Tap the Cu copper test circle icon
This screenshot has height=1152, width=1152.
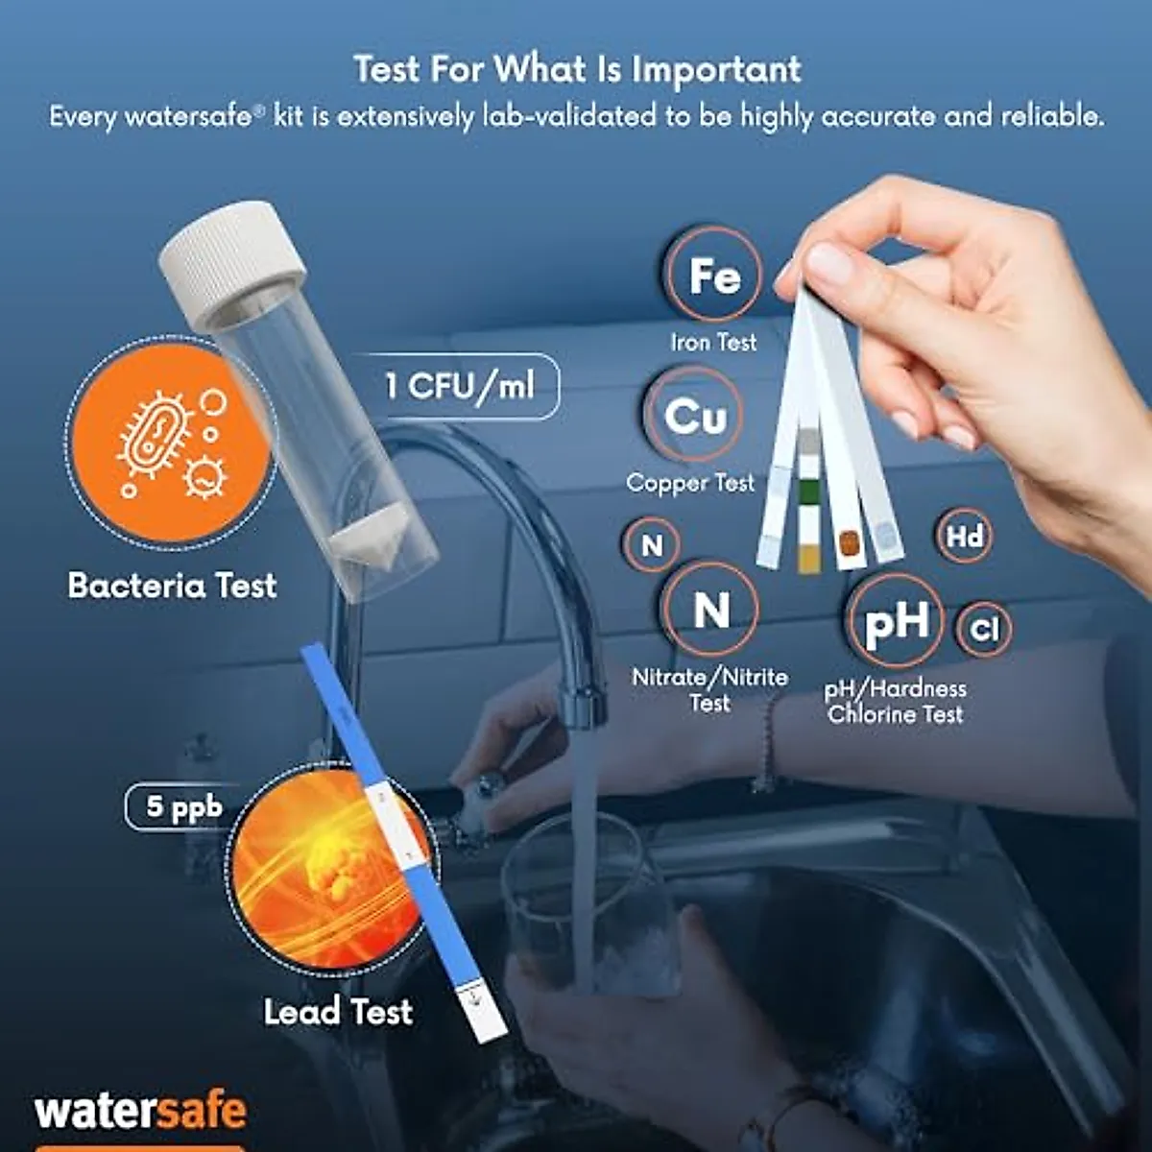point(694,416)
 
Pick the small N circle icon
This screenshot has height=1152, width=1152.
point(652,545)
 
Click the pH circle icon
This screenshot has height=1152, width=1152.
point(896,621)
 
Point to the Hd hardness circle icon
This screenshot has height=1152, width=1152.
point(964,536)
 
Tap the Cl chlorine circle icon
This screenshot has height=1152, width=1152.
point(984,630)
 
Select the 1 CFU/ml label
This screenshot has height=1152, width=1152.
point(459,386)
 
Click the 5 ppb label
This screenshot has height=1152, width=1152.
point(182,806)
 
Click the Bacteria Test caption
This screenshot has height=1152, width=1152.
point(173,586)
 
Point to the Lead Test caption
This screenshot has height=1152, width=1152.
point(338,1011)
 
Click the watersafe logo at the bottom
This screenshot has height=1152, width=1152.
point(141,1112)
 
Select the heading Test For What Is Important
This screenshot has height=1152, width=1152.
point(576,69)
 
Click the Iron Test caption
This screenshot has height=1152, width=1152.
point(713,342)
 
